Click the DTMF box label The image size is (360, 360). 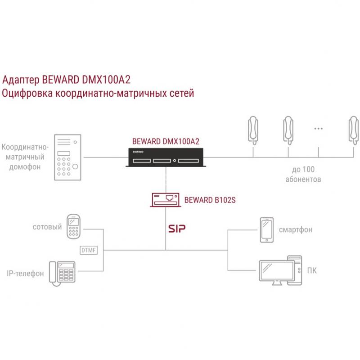click(x=89, y=250)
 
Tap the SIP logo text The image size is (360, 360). click(x=177, y=229)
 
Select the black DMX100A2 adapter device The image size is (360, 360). click(x=166, y=157)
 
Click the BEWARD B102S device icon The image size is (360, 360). click(x=166, y=200)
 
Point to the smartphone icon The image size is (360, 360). click(x=266, y=230)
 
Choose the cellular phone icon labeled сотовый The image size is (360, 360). click(x=73, y=226)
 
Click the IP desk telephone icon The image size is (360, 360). click(x=62, y=274)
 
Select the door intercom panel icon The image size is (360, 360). click(x=67, y=157)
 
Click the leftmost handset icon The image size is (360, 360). click(x=253, y=130)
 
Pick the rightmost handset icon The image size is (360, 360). click(x=354, y=130)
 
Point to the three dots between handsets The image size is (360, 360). click(x=319, y=129)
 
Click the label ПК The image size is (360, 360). click(x=312, y=271)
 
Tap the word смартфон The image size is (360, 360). click(x=296, y=229)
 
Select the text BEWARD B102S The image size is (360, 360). click(x=210, y=200)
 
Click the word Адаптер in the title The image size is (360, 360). click(x=21, y=80)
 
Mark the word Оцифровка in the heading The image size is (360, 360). click(x=27, y=93)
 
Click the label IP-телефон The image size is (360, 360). click(x=25, y=274)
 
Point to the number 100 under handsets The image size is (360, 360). click(x=308, y=169)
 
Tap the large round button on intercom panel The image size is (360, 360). click(x=75, y=166)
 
